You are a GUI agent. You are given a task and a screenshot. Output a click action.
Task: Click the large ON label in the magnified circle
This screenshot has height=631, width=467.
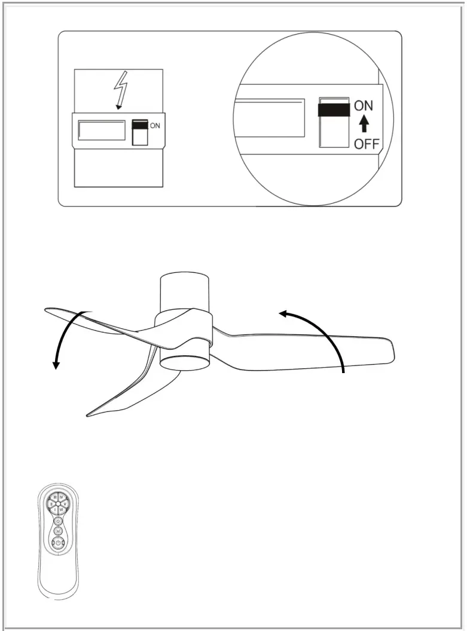pos(364,106)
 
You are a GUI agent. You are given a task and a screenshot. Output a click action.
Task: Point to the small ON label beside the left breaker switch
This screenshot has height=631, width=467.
pos(155,126)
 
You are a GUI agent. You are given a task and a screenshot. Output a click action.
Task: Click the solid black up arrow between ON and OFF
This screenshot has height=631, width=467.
pos(364,125)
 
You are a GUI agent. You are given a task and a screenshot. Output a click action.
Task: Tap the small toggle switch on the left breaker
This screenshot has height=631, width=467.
pos(139,132)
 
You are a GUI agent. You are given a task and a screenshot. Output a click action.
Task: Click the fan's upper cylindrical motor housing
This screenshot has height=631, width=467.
pos(185,293)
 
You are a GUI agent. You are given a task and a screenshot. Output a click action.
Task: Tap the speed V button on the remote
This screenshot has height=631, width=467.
pos(65,504)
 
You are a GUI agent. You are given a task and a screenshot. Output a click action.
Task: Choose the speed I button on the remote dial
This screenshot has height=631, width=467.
pos(55,509)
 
